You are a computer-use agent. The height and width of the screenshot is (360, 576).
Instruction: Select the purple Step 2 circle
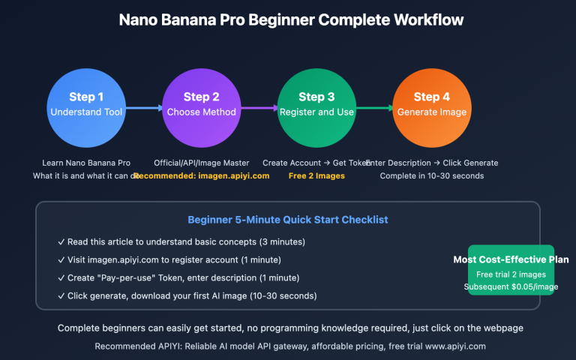[201, 105]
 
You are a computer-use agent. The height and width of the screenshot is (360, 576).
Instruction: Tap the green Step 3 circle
[316, 105]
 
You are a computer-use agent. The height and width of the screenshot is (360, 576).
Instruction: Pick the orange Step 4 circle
[431, 105]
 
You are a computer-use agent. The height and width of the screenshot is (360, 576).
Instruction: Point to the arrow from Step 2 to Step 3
[258, 108]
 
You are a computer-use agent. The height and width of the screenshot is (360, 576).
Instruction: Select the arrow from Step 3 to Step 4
[373, 108]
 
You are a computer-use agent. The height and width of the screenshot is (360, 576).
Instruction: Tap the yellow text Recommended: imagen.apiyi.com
[201, 175]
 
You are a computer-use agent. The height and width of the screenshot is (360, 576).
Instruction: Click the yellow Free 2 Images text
[316, 175]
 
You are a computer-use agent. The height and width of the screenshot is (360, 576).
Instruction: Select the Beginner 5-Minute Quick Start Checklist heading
[287, 220]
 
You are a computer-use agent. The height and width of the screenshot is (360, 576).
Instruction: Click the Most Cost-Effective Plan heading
[511, 259]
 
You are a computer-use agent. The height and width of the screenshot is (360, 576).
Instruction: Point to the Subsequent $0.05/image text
[511, 286]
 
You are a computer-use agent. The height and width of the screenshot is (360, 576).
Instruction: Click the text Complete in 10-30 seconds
[431, 175]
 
